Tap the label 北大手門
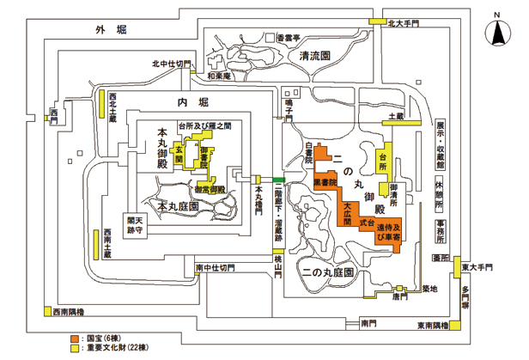click(x=404, y=25)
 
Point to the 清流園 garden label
click(x=315, y=56)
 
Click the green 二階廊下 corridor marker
click(x=278, y=179)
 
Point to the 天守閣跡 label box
click(x=137, y=225)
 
